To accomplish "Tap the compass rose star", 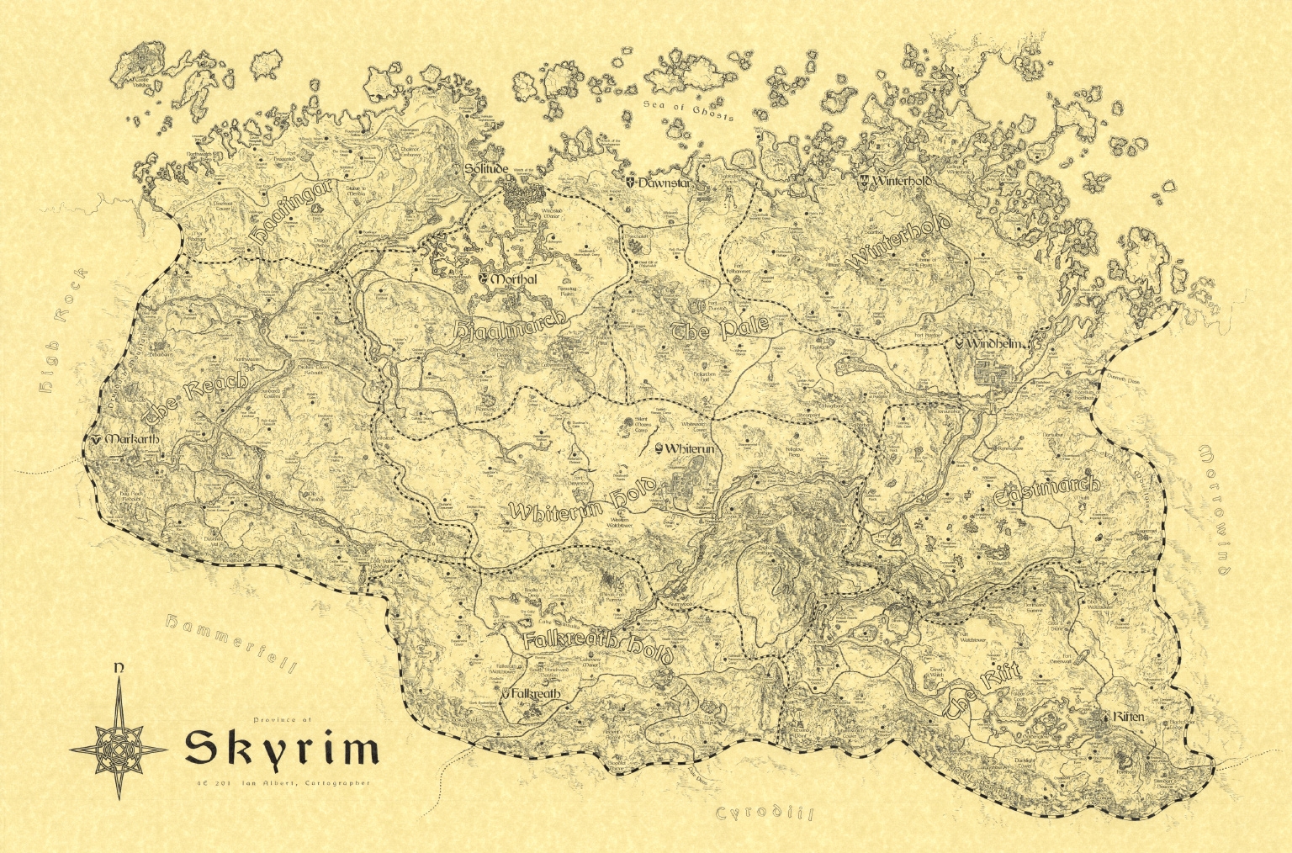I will [119, 748].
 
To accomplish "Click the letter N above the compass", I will [119, 668].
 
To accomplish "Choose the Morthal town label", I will [514, 279].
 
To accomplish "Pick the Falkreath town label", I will [535, 694].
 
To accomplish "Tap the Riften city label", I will [1129, 717].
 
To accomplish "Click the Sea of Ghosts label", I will [687, 110].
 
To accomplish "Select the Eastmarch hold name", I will [1046, 492].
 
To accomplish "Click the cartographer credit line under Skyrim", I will [282, 783].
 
